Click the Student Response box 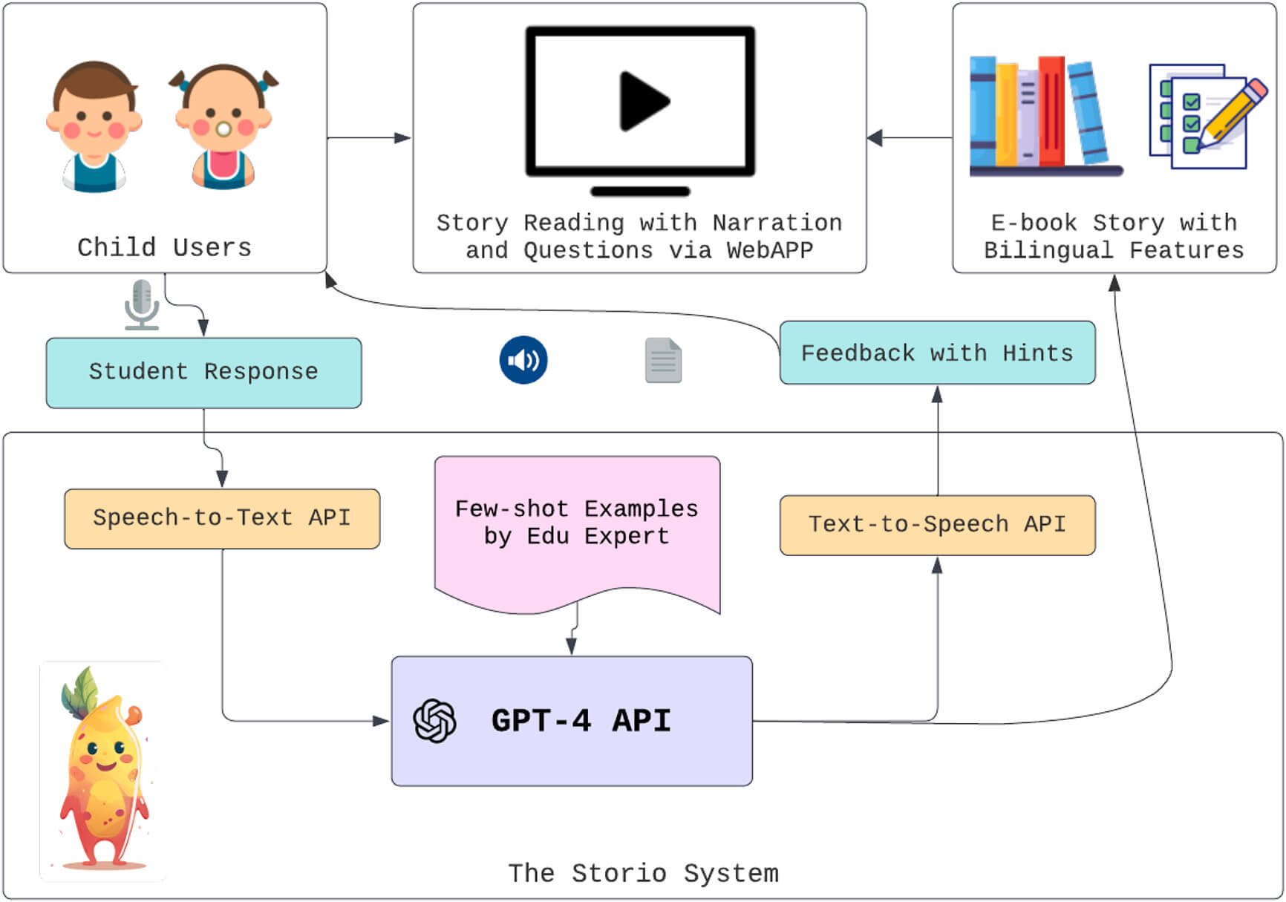203,373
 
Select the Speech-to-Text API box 221,518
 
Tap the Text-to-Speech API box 937,525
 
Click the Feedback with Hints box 937,353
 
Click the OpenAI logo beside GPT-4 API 435,721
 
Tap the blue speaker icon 523,360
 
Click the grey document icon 663,361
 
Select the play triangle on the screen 643,101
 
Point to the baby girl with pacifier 223,126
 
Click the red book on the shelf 1051,111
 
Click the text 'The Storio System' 643,874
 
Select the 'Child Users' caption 164,247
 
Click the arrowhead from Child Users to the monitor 403,138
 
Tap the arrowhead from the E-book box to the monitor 875,138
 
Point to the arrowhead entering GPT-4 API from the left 382,721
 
